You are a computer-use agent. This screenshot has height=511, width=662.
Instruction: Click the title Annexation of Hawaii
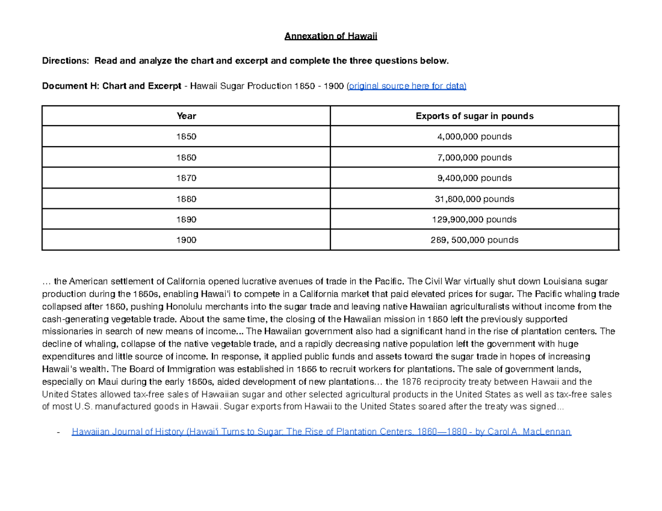330,37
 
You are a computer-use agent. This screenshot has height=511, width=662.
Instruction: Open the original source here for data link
407,86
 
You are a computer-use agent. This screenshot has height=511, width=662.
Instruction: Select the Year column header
186,116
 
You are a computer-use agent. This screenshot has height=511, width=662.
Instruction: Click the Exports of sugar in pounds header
474,116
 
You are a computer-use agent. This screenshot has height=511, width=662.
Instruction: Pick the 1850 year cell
186,137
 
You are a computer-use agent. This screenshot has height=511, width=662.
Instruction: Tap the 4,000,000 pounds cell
474,137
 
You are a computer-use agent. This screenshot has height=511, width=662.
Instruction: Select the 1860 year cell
186,158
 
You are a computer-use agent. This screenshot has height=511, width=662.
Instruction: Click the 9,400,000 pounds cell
474,178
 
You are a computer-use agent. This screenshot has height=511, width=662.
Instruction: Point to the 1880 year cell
186,199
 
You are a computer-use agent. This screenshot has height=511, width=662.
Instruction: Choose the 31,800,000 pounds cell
474,199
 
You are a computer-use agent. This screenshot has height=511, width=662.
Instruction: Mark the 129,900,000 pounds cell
474,219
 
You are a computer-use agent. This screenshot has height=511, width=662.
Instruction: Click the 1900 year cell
186,240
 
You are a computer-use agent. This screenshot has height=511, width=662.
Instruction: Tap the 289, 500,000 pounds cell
474,240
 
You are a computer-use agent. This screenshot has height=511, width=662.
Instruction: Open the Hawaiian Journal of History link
322,431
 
